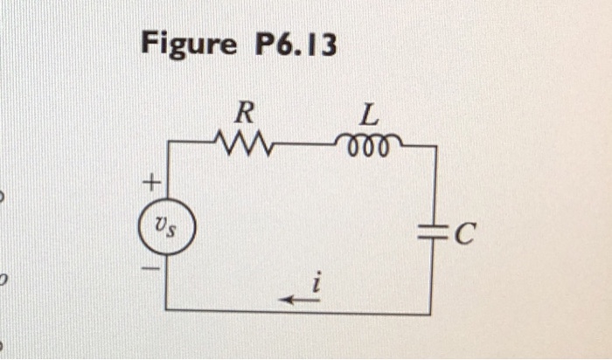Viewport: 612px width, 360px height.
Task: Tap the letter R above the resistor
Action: (247, 112)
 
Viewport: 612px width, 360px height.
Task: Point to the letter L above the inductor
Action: (369, 113)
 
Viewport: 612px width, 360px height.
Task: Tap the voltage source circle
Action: (167, 230)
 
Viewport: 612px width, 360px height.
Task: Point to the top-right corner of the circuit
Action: (435, 147)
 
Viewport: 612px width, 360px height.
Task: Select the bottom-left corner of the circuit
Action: (166, 309)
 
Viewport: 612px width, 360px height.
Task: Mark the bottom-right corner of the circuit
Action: (429, 312)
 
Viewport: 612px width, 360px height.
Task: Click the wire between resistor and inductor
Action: (306, 142)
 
